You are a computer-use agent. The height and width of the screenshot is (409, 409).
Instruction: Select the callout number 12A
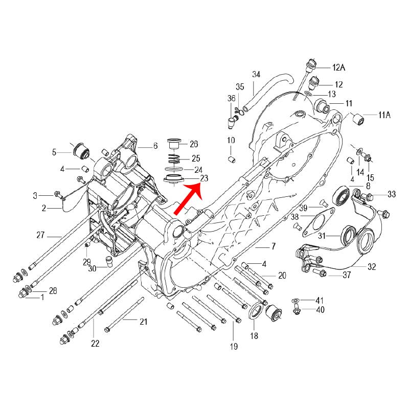pyautogui.click(x=339, y=67)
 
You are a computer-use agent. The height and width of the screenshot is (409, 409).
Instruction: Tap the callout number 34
pyautogui.click(x=256, y=75)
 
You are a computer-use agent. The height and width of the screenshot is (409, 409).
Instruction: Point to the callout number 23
pyautogui.click(x=204, y=178)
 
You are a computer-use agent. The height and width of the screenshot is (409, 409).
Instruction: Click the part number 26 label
pyautogui.click(x=194, y=144)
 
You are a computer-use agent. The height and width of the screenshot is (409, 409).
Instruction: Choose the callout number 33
pyautogui.click(x=392, y=194)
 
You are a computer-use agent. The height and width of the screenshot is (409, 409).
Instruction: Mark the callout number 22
pyautogui.click(x=95, y=344)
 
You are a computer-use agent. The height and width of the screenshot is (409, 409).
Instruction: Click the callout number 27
pyautogui.click(x=40, y=236)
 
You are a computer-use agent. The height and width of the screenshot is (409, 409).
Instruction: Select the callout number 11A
pyautogui.click(x=384, y=116)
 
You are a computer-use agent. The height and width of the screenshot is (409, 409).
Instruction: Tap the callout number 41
pyautogui.click(x=320, y=300)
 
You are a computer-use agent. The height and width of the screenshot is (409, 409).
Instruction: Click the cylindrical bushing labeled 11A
pyautogui.click(x=360, y=120)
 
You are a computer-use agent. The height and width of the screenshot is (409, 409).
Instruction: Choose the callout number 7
pyautogui.click(x=273, y=246)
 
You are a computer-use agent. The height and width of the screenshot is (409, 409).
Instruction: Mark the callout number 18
pyautogui.click(x=254, y=336)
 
